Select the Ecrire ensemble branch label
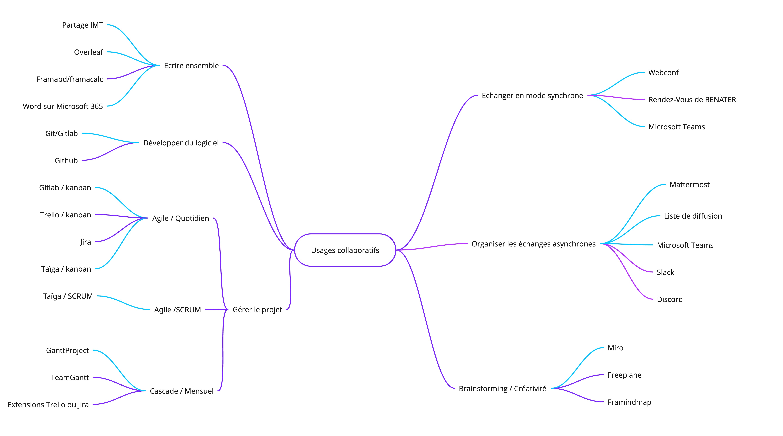click(x=191, y=66)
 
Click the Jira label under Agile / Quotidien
click(x=85, y=242)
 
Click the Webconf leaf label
click(x=663, y=73)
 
